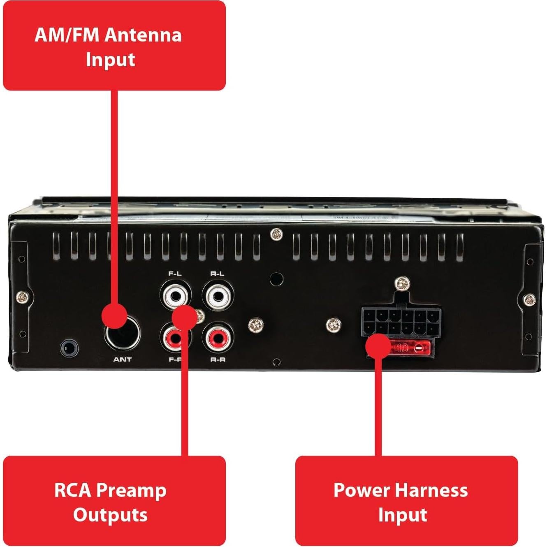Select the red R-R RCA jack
[x=217, y=338]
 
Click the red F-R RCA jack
[x=173, y=339]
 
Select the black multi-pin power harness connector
[x=401, y=322]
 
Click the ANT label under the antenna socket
[x=122, y=359]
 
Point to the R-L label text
[x=217, y=273]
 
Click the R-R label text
[x=218, y=360]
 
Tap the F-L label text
[x=175, y=273]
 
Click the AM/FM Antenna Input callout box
[x=114, y=46]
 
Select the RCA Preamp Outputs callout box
[x=114, y=501]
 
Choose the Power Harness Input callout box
[x=406, y=501]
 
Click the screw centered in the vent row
[x=276, y=235]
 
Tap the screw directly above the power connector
[x=402, y=283]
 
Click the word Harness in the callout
[x=432, y=490]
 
